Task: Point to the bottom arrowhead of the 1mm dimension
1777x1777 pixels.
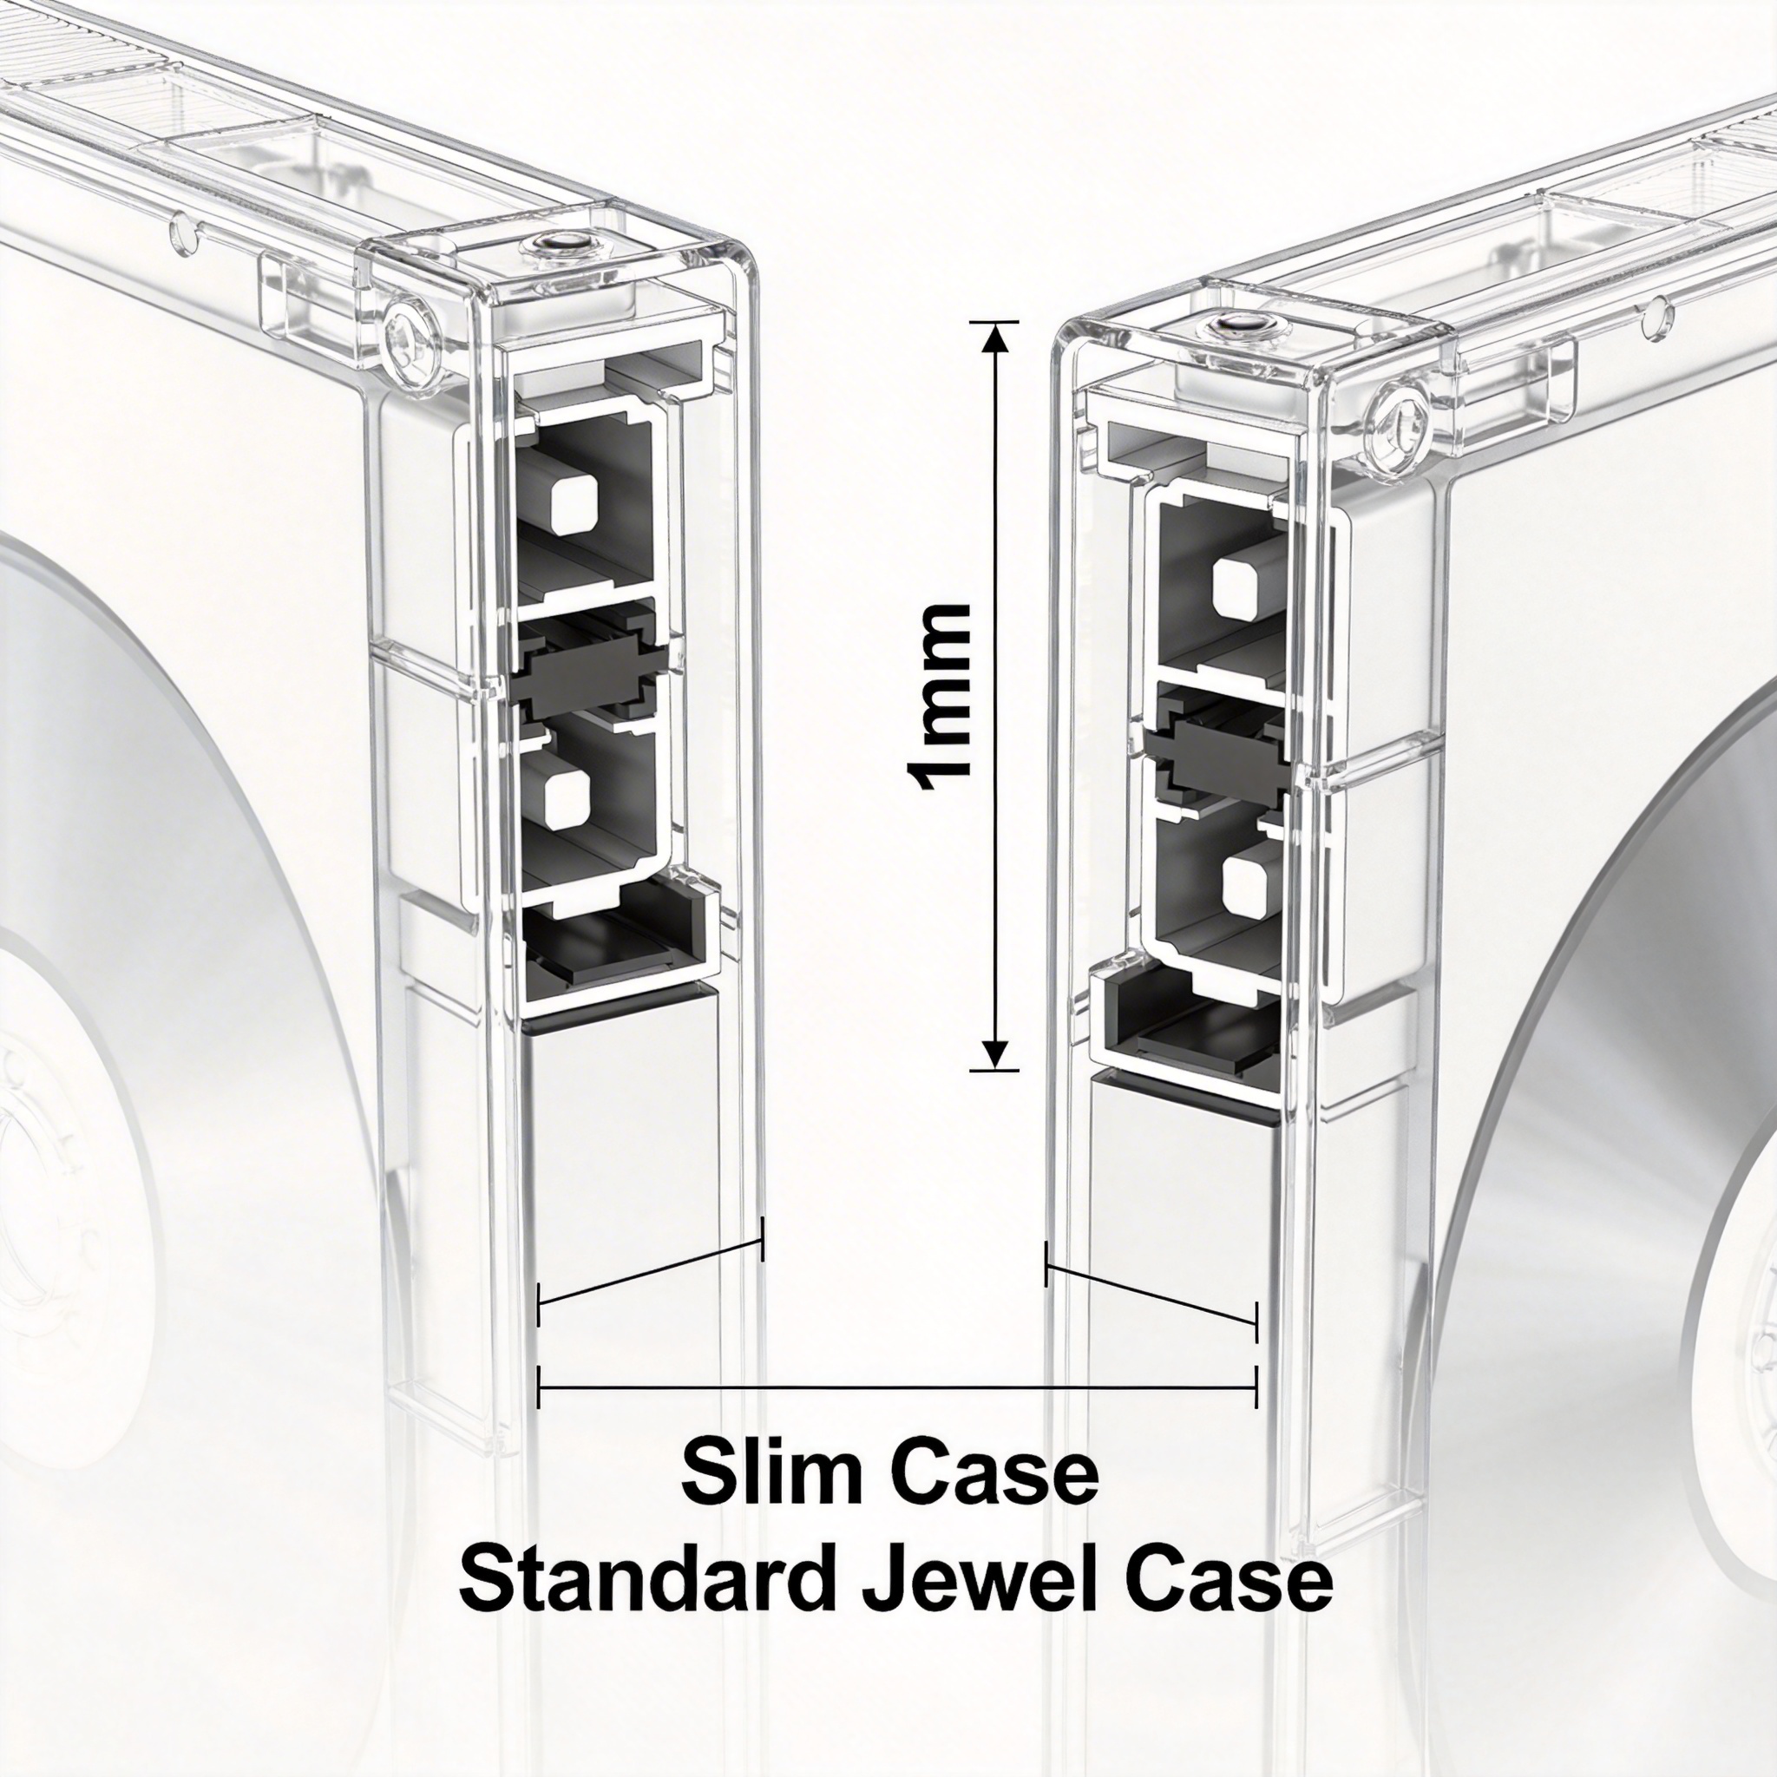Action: pos(995,1055)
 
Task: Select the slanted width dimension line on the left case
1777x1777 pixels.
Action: pos(650,1269)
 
